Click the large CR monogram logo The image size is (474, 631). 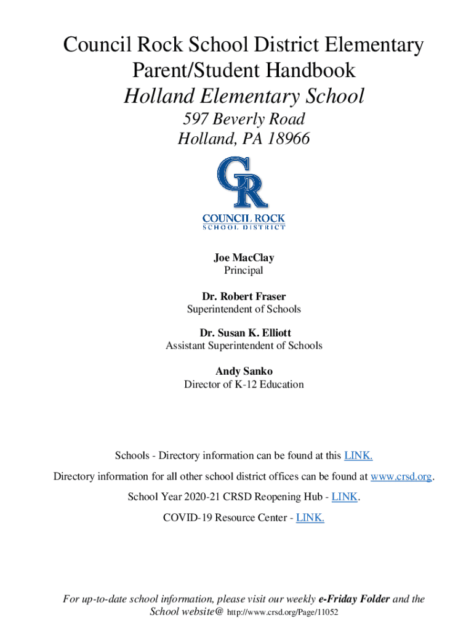coord(243,183)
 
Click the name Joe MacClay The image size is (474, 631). coord(244,258)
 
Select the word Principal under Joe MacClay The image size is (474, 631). coord(244,270)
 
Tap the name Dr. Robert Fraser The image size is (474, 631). coord(244,296)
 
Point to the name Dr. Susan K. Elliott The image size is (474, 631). coord(244,333)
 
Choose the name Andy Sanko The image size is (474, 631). coord(244,371)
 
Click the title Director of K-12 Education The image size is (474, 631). coord(244,385)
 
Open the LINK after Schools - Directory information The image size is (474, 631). coord(358,456)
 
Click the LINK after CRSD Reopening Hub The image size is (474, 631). coord(345,497)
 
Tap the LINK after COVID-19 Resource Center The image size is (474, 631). coord(310,518)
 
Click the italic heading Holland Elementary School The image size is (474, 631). coord(244,96)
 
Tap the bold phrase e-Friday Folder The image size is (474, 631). coord(354,599)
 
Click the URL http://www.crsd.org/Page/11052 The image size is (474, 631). coord(283,613)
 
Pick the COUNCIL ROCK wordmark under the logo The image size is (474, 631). coord(244,218)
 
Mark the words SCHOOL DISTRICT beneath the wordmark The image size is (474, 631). coord(244,227)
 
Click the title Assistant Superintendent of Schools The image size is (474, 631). coord(244,346)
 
